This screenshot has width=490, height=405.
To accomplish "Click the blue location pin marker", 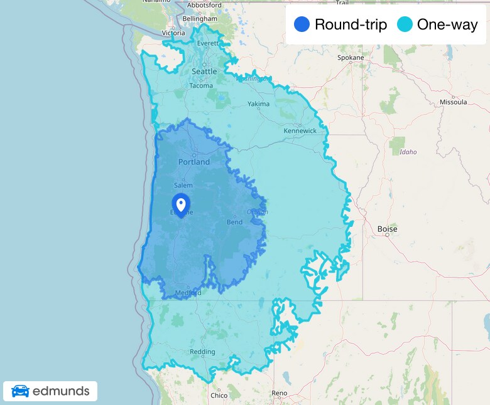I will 181,205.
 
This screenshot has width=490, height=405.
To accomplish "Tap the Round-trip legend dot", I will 302,25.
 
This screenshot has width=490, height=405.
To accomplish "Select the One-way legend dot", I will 405,25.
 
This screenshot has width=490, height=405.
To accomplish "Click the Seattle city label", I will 204,71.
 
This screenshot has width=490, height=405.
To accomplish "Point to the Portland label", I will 194,162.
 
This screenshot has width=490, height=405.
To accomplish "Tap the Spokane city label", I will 351,58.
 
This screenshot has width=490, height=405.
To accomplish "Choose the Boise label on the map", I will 387,229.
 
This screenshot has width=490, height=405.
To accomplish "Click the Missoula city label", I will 453,102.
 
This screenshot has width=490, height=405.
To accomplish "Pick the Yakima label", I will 258,104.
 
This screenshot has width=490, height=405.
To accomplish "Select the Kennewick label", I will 300,131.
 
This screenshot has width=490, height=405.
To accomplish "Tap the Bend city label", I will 234,223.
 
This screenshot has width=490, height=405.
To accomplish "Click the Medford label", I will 188,293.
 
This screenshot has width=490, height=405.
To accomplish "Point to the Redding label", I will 202,352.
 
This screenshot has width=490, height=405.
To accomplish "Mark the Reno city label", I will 280,393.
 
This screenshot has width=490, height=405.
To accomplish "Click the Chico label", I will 219,396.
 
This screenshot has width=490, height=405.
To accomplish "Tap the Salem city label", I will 183,186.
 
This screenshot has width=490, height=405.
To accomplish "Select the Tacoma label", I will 201,86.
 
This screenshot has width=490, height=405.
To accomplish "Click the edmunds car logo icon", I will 20,391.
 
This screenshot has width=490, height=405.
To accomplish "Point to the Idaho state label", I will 407,152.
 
